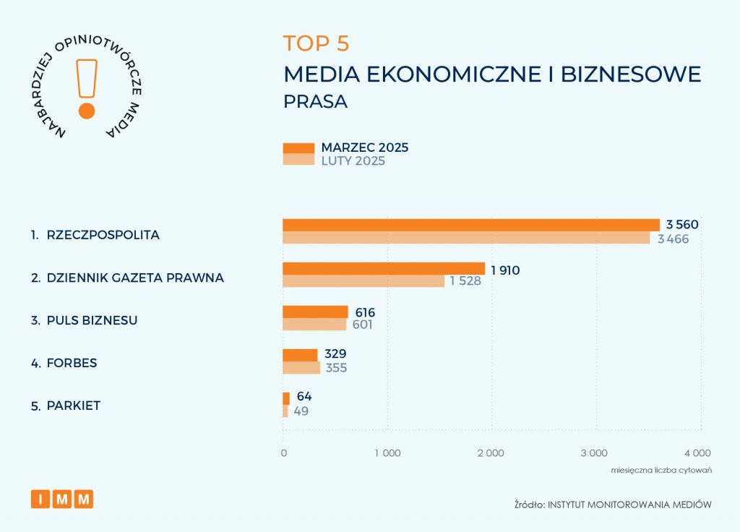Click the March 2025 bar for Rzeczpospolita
click(x=470, y=224)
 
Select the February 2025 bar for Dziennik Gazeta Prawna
click(x=363, y=281)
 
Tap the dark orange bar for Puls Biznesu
click(x=315, y=312)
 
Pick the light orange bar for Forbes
click(x=301, y=368)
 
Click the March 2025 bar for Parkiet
click(x=285, y=398)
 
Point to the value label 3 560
click(x=682, y=224)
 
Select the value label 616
click(x=365, y=312)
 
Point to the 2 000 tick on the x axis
click(x=491, y=453)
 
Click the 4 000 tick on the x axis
click(x=697, y=453)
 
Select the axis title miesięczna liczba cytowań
click(x=662, y=470)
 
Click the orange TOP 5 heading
click(x=316, y=43)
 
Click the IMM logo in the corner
click(x=62, y=499)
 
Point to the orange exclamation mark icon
click(x=87, y=87)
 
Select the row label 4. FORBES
click(x=64, y=363)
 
